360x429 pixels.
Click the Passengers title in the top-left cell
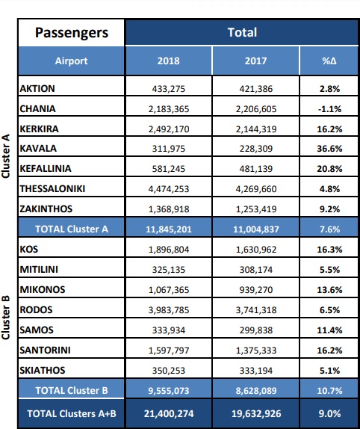[72, 33]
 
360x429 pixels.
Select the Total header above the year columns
[242, 32]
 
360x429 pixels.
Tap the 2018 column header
[168, 61]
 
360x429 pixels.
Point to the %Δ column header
[329, 61]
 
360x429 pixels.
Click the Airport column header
[71, 61]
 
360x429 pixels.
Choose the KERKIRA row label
[39, 129]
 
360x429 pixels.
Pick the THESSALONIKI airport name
[52, 189]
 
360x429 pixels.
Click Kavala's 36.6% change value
[329, 149]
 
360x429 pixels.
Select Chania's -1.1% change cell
[329, 109]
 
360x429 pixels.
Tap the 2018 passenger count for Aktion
[168, 89]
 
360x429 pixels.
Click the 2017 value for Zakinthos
[256, 209]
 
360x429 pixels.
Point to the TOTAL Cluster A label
[72, 229]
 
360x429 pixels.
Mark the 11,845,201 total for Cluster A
[168, 229]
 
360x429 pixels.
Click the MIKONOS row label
[43, 289]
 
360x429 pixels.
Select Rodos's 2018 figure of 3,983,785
[168, 310]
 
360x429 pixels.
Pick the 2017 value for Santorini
[256, 351]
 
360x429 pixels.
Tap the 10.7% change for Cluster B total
[329, 390]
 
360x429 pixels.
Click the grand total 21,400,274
[169, 413]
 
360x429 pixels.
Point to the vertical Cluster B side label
[5, 318]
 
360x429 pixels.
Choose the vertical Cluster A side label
[5, 156]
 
